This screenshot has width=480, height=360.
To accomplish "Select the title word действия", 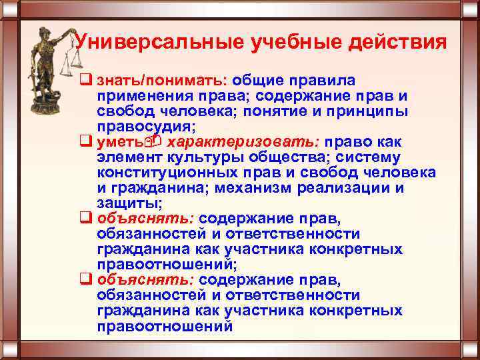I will tap(396, 43).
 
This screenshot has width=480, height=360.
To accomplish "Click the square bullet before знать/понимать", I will tap(85, 81).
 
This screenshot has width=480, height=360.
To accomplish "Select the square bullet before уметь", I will tap(85, 142).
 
